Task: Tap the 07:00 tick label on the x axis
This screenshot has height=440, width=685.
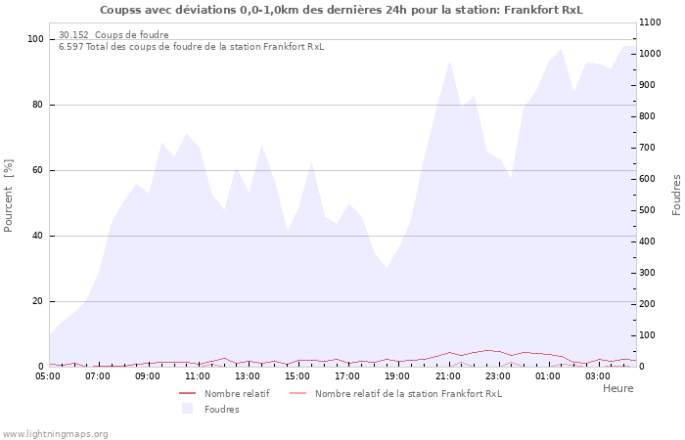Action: [x=98, y=375]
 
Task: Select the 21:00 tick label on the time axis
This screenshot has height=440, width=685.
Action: [x=448, y=375]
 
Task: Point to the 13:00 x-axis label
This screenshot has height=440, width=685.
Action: [x=248, y=375]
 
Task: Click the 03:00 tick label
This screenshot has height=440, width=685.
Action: [x=598, y=375]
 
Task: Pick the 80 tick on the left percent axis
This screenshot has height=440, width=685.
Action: [x=36, y=105]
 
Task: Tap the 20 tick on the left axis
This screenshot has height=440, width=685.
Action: [x=36, y=301]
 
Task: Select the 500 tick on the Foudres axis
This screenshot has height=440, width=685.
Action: [x=650, y=210]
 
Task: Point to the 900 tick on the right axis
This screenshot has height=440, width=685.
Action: [x=650, y=85]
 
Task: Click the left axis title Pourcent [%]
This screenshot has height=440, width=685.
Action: [x=9, y=196]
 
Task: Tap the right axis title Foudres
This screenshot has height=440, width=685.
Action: [x=676, y=195]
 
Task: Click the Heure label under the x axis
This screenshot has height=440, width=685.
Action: [x=617, y=388]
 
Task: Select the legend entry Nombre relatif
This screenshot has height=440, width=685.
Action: [x=236, y=393]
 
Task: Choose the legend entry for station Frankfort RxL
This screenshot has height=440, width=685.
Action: [x=407, y=393]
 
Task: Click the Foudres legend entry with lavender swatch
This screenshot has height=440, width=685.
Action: [x=221, y=409]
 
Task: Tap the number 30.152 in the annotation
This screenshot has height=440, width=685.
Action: [x=73, y=35]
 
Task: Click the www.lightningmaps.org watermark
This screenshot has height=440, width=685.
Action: [x=55, y=433]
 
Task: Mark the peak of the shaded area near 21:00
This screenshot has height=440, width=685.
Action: [x=449, y=62]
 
